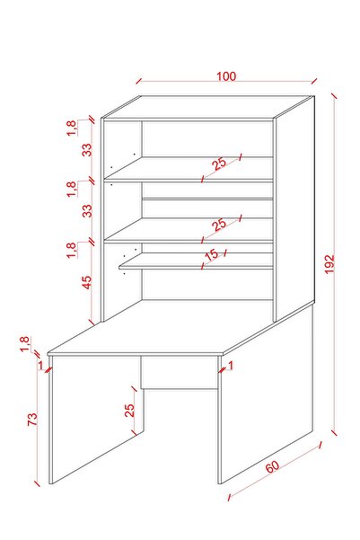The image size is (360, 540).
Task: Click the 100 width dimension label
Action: click(x=226, y=76)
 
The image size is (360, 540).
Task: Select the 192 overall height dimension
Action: click(x=329, y=264)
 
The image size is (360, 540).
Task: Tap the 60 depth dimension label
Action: click(x=272, y=467)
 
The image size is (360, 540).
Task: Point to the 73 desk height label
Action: click(x=32, y=419)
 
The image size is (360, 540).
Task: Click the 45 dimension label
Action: click(x=87, y=282)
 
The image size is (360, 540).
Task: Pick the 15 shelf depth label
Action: click(x=211, y=255)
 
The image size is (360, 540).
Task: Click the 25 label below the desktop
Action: click(x=129, y=410)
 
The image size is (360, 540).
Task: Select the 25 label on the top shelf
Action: click(x=219, y=164)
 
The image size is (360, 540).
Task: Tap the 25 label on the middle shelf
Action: click(x=219, y=225)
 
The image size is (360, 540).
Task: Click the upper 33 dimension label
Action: click(x=87, y=150)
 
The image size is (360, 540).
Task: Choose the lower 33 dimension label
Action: click(x=87, y=210)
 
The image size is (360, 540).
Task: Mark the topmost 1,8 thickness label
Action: click(x=71, y=128)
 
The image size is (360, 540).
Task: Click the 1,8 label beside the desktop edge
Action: click(x=25, y=344)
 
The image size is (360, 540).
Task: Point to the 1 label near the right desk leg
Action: click(x=231, y=366)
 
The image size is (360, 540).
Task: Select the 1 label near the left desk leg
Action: click(x=41, y=365)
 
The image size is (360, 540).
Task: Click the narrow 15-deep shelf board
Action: click(x=197, y=261)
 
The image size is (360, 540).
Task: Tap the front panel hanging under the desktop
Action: click(x=180, y=372)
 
